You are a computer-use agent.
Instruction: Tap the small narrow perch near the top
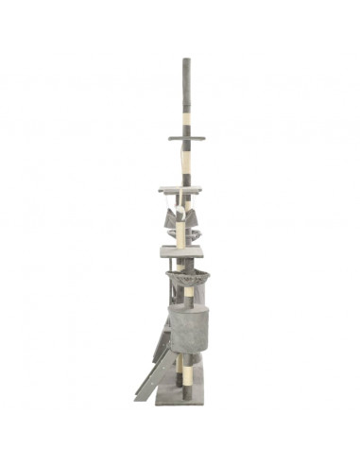(x=186, y=138)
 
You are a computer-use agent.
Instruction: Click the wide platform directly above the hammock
(x=180, y=189)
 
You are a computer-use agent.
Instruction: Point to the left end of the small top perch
(x=172, y=138)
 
